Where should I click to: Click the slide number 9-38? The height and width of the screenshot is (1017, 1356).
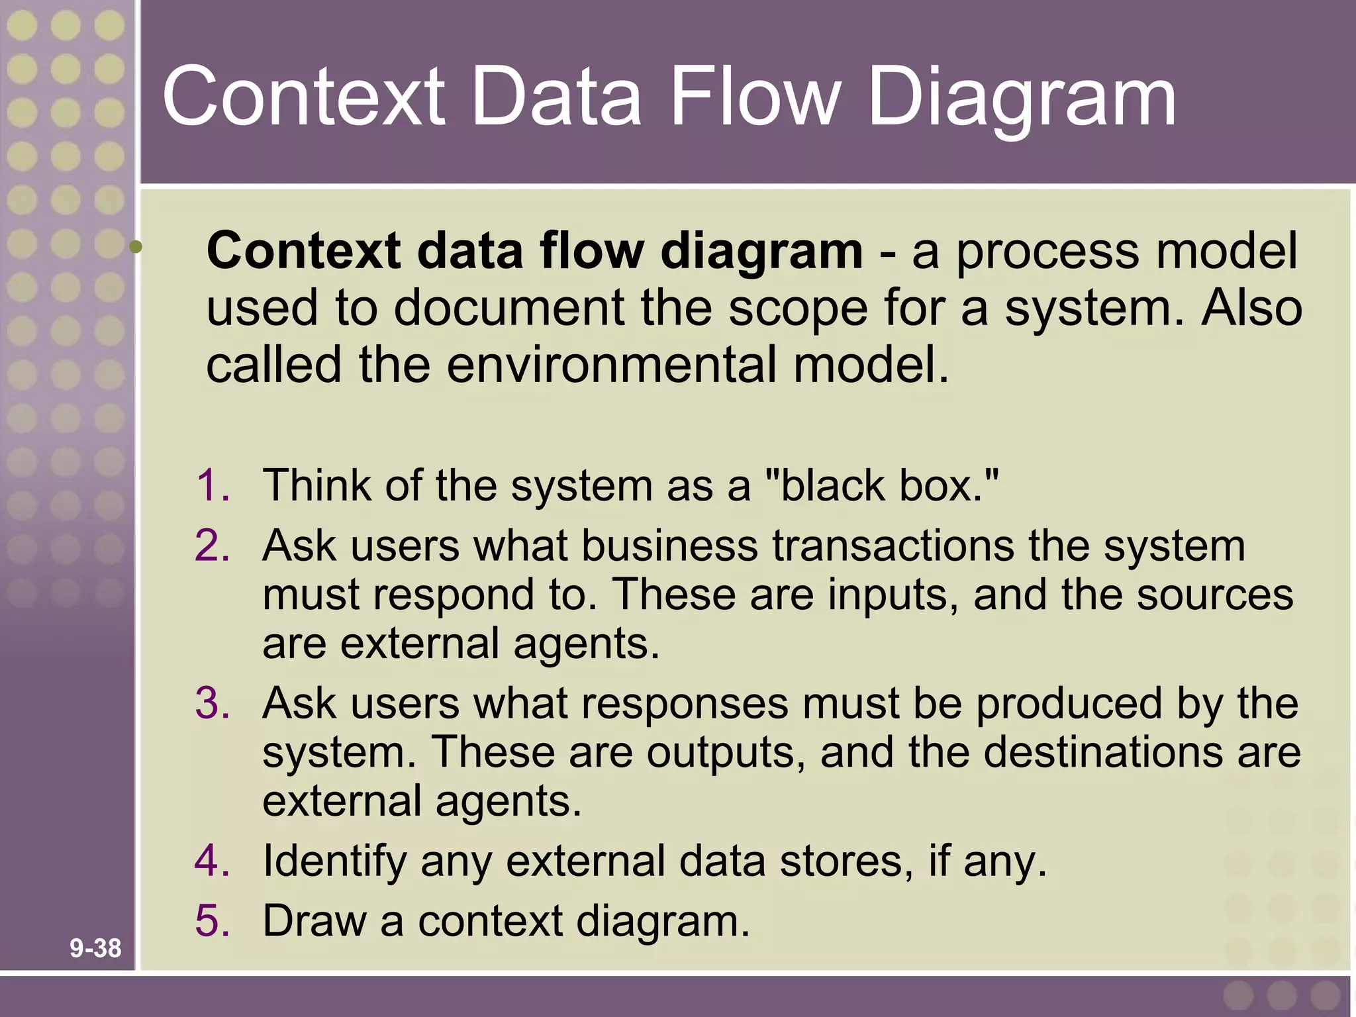pyautogui.click(x=95, y=948)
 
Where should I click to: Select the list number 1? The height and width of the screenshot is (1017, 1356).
pyautogui.click(x=213, y=485)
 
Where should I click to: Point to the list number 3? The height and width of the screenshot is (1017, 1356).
pyautogui.click(x=213, y=702)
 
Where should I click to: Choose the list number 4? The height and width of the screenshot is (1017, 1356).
pyautogui.click(x=213, y=860)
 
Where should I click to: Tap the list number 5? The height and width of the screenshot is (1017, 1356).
pyautogui.click(x=213, y=920)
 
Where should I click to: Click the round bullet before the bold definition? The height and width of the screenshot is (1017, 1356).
pyautogui.click(x=136, y=247)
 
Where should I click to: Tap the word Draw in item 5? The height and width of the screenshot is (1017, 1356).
pyautogui.click(x=314, y=920)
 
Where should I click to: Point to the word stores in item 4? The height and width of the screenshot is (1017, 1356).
pyautogui.click(x=847, y=861)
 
